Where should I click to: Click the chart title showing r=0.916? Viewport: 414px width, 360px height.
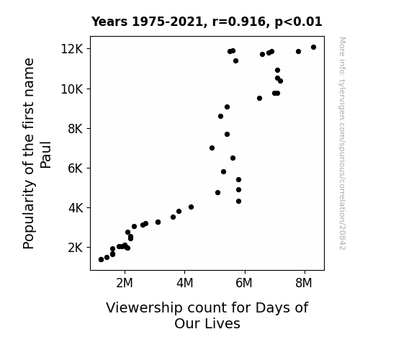(x=207, y=22)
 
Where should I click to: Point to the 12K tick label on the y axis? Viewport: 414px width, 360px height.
(x=72, y=49)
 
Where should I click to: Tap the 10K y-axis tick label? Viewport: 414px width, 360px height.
(x=72, y=89)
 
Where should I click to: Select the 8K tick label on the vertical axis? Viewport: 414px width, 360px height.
(x=76, y=129)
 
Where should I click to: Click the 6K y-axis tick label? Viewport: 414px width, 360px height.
(x=76, y=168)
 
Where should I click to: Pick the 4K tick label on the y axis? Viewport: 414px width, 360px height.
(x=76, y=208)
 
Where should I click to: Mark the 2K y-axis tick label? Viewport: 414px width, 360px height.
(x=76, y=248)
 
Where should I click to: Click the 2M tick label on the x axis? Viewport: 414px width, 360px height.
(x=125, y=283)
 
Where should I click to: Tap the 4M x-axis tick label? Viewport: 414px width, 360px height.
(x=185, y=283)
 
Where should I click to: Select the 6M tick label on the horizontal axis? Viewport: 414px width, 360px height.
(x=244, y=283)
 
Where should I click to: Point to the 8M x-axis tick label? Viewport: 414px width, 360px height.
(x=304, y=283)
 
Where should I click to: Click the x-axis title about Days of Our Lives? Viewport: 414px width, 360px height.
(x=207, y=315)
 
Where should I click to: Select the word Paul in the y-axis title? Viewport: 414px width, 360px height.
(x=45, y=155)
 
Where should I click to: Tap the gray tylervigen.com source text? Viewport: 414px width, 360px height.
(x=343, y=143)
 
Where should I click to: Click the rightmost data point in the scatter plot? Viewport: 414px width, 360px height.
(x=313, y=48)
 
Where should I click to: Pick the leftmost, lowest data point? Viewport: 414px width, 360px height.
(x=101, y=260)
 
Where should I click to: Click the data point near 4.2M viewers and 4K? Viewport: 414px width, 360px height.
(x=191, y=207)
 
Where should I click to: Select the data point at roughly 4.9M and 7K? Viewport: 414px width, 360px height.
(x=212, y=148)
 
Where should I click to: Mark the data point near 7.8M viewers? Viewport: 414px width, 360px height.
(x=298, y=52)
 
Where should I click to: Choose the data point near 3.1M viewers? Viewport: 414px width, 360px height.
(x=158, y=222)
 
